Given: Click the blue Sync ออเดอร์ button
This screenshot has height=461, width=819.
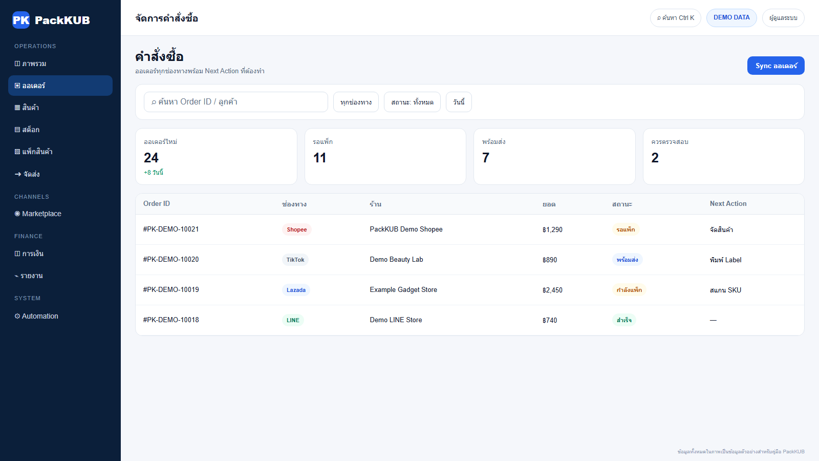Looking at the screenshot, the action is click(x=775, y=66).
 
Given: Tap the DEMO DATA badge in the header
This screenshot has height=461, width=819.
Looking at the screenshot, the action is click(x=731, y=17).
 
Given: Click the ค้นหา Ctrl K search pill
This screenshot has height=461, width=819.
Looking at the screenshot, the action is click(x=675, y=18).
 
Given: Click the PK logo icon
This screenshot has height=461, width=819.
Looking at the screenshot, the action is click(x=21, y=20).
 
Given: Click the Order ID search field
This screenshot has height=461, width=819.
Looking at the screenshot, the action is click(x=236, y=102).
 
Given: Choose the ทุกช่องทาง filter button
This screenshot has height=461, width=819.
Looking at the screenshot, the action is click(x=356, y=102).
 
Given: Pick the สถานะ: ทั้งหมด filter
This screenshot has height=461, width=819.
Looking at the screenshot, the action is click(x=412, y=102).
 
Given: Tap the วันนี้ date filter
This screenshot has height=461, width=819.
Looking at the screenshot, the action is click(x=459, y=102).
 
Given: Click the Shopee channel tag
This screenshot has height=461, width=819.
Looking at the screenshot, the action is click(x=296, y=229).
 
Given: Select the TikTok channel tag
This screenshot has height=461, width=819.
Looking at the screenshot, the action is click(x=295, y=260).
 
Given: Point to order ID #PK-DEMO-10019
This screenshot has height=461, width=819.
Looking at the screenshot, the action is click(x=171, y=290).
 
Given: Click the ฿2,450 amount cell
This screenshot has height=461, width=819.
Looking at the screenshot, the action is click(x=552, y=290).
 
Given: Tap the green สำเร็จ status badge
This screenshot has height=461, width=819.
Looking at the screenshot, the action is click(x=624, y=320).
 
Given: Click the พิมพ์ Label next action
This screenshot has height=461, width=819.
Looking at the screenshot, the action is click(x=725, y=260).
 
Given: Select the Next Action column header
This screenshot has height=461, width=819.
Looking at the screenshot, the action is click(x=728, y=204).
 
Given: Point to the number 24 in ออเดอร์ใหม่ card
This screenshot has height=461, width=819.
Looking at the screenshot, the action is click(x=151, y=158).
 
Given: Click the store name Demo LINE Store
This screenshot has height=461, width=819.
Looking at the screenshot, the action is click(x=396, y=320).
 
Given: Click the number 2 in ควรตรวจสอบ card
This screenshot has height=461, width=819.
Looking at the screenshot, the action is click(x=655, y=158).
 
